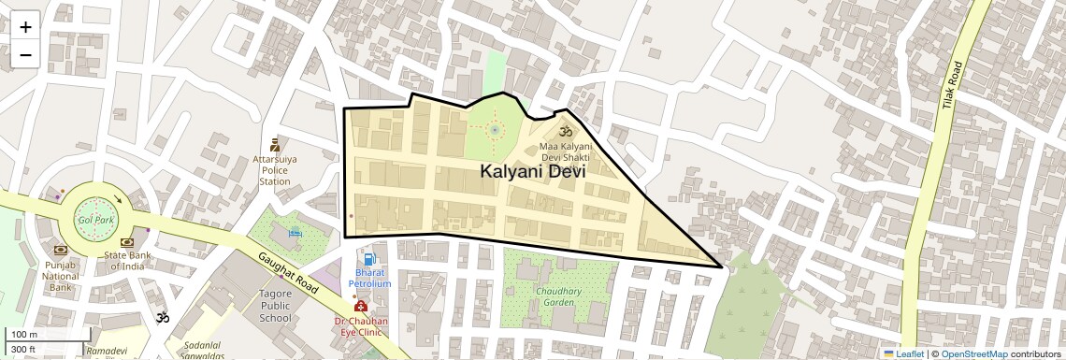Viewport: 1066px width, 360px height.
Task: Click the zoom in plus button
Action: pyautogui.click(x=25, y=27)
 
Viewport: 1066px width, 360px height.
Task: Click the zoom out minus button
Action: pyautogui.click(x=25, y=55)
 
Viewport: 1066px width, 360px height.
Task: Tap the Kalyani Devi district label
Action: pyautogui.click(x=533, y=172)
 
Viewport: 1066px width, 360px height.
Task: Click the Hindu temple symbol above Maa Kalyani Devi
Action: pyautogui.click(x=565, y=132)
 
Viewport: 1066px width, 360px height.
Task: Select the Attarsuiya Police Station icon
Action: pyautogui.click(x=274, y=144)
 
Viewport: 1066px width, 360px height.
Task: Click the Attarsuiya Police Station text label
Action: pyautogui.click(x=274, y=170)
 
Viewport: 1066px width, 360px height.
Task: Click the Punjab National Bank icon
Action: pyautogui.click(x=61, y=251)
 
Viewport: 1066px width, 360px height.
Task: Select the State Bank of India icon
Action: pyautogui.click(x=127, y=243)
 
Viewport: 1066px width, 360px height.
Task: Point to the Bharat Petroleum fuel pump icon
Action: pyautogui.click(x=369, y=259)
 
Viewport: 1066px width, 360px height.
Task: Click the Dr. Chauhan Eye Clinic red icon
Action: pyautogui.click(x=360, y=306)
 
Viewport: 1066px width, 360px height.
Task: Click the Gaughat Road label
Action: pyautogui.click(x=290, y=278)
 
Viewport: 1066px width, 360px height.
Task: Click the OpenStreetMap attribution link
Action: pyautogui.click(x=974, y=353)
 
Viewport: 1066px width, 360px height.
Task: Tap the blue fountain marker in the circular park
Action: pyautogui.click(x=494, y=131)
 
